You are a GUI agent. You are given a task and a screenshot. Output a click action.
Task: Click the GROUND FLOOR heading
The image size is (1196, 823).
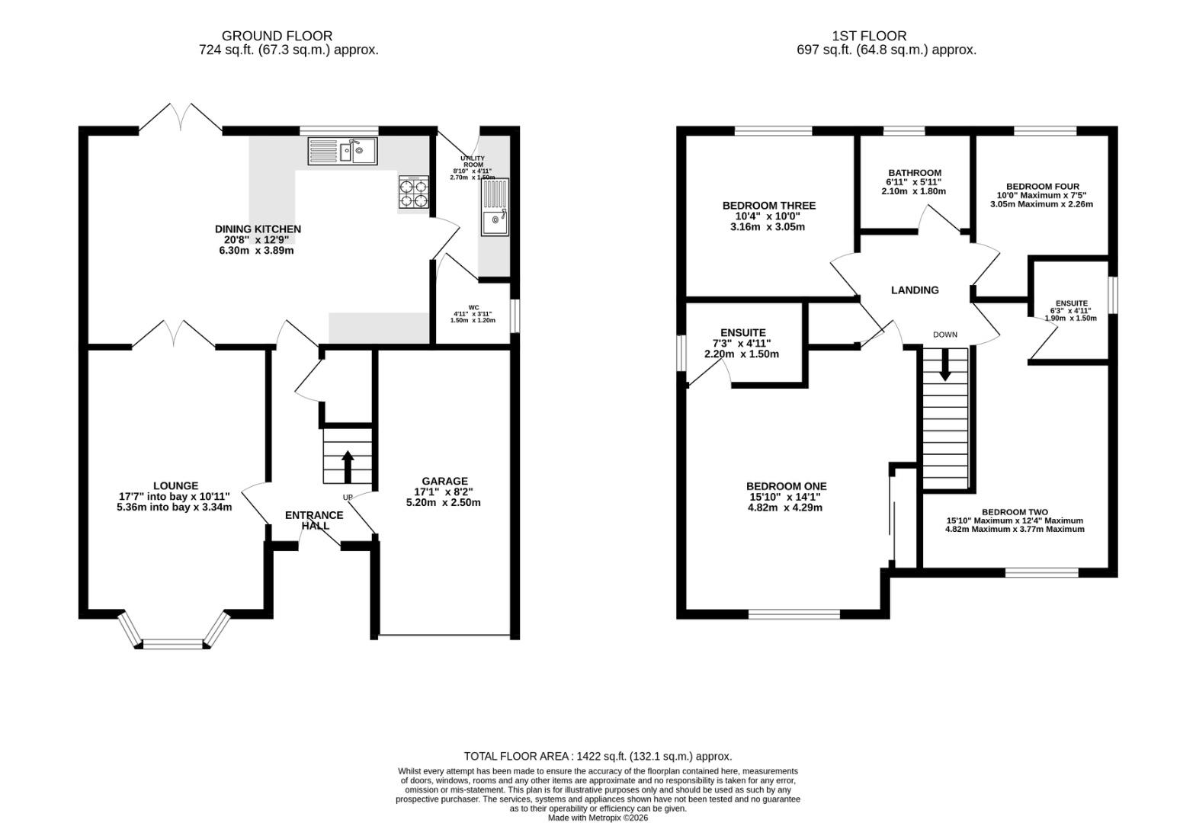277,36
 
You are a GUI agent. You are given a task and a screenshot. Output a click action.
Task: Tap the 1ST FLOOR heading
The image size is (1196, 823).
869,36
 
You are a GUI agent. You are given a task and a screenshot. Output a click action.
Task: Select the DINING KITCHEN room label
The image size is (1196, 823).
258,229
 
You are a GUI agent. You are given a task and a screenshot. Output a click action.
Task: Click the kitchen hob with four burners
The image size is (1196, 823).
413,191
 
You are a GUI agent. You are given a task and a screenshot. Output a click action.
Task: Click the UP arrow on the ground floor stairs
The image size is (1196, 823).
348,467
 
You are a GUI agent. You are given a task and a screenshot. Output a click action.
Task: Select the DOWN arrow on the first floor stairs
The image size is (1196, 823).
945,364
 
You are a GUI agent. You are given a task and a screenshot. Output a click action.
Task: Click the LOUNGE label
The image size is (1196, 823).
175,485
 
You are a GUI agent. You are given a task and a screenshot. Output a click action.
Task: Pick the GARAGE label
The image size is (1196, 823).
444,481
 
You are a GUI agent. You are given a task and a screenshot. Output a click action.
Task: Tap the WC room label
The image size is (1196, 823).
473,307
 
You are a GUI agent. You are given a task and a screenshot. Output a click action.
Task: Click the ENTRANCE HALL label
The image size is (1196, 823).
314,520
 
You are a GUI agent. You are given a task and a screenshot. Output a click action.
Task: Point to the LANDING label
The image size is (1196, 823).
915,290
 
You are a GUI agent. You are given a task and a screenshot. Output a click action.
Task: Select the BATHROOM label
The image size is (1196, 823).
915,173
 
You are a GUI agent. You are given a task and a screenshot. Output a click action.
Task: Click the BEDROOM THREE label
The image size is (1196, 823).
769,206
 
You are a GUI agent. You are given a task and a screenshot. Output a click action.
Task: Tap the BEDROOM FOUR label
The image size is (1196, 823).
1042,186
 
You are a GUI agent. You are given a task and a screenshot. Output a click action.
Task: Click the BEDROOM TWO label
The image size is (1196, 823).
1015,512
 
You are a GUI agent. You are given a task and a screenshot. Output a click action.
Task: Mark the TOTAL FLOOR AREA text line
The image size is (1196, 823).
598,756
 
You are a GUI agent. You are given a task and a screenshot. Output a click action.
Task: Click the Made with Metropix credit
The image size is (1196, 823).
598,818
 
